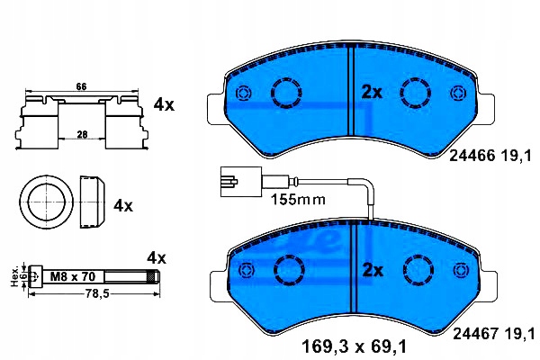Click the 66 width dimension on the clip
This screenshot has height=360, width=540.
click(x=81, y=86)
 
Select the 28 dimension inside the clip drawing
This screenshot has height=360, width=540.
click(x=82, y=134)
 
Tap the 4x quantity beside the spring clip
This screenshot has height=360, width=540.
click(x=164, y=104)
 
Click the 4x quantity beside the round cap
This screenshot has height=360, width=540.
click(x=123, y=206)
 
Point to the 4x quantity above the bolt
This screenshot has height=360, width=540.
click(x=157, y=257)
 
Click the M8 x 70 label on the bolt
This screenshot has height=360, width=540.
click(x=73, y=276)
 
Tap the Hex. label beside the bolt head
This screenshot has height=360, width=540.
click(x=14, y=276)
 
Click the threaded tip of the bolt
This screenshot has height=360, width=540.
click(x=154, y=276)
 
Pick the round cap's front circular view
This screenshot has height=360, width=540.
click(x=46, y=202)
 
